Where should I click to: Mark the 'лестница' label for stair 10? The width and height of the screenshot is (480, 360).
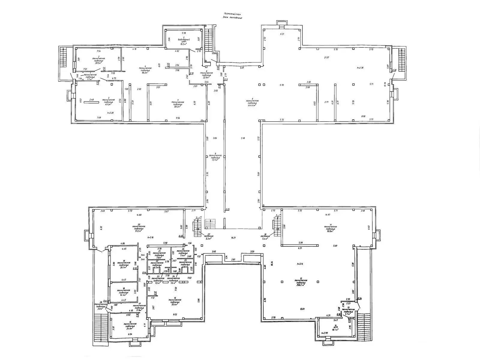point(265,236)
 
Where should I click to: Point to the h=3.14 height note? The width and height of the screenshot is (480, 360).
point(301,264)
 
